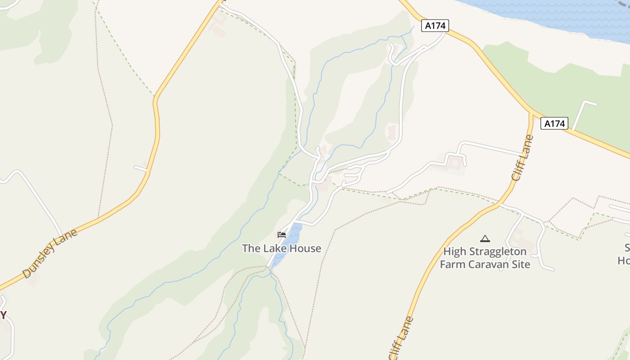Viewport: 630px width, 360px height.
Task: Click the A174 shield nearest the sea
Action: [435, 26]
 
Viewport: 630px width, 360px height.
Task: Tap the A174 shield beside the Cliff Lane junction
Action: [554, 123]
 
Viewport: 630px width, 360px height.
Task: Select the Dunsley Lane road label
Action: [50, 253]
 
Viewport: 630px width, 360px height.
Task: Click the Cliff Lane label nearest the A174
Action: [522, 158]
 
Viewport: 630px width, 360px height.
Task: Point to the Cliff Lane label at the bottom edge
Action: [401, 338]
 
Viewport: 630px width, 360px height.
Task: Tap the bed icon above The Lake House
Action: [282, 234]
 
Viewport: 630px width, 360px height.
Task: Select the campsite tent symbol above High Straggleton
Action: [485, 238]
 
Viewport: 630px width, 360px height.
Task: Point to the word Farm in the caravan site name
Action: [451, 264]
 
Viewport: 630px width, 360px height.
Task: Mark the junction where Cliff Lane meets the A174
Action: [531, 114]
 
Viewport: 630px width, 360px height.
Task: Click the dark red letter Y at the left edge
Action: [3, 315]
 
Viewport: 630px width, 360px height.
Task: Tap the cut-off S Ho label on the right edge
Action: [625, 254]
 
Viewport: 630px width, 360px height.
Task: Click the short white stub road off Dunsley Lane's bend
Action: [141, 168]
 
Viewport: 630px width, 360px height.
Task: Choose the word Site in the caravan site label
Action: [521, 264]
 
